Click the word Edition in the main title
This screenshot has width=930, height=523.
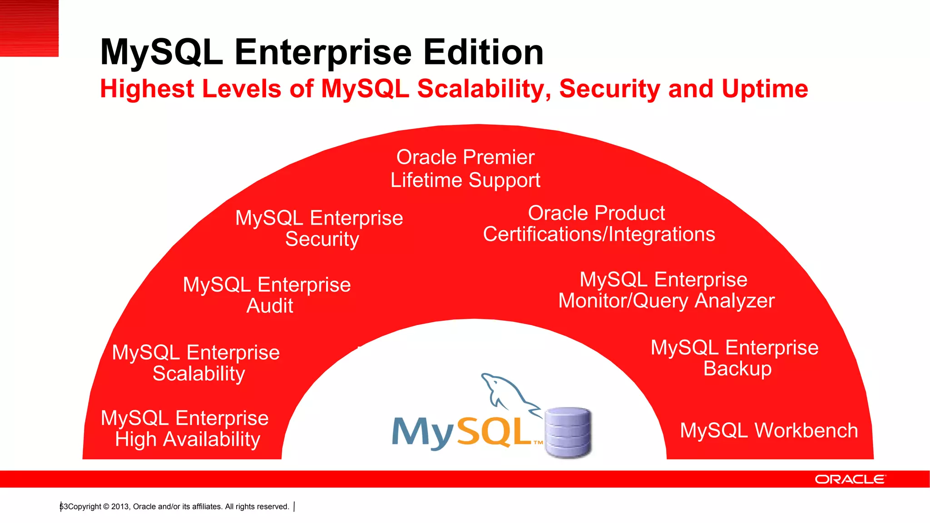[x=483, y=52]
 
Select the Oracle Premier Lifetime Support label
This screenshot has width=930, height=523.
[x=465, y=168]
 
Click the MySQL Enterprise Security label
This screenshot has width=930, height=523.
[x=319, y=228]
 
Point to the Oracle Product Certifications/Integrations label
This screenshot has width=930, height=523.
[x=599, y=224]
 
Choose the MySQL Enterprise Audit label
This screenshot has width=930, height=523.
[x=267, y=295]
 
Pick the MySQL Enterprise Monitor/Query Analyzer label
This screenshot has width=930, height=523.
[x=666, y=290]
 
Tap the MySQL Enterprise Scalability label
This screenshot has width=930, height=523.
[x=196, y=363]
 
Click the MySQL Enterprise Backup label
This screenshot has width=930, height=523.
[x=735, y=358]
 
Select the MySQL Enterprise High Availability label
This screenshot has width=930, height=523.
[x=185, y=429]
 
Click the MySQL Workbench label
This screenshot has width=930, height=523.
[x=769, y=430]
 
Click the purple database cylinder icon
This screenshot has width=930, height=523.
[x=568, y=432]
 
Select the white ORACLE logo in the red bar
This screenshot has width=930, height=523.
[x=850, y=479]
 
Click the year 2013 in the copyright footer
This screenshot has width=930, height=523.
[x=120, y=507]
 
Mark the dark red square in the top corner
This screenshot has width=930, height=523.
[x=29, y=28]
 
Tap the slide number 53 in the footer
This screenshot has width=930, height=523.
[x=64, y=507]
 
